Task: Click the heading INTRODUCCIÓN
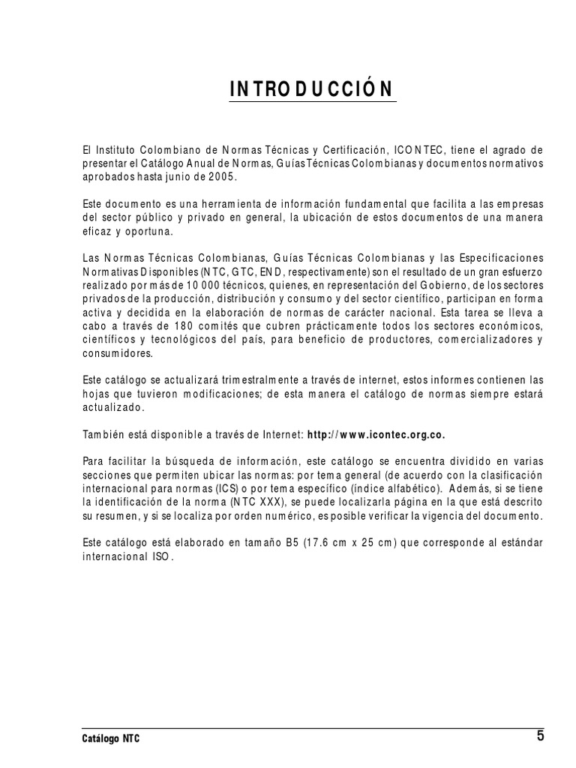point(310,88)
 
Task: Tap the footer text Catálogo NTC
point(110,739)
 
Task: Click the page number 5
point(540,736)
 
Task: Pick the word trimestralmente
point(214,380)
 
